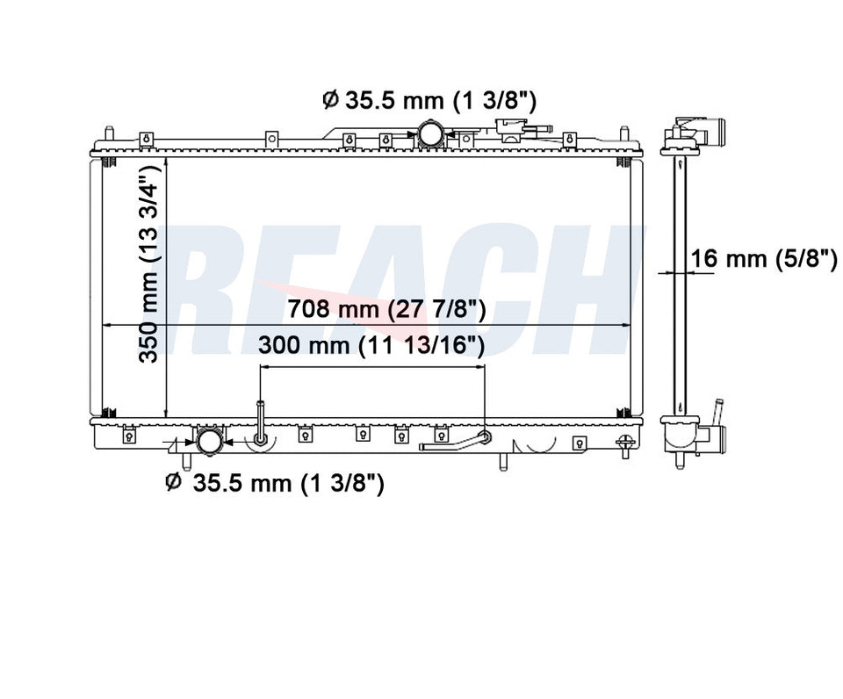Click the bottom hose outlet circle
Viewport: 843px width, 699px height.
click(210, 441)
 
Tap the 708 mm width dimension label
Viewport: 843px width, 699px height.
click(386, 309)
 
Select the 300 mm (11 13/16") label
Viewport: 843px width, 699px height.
click(371, 345)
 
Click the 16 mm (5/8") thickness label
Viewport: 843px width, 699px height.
click(763, 259)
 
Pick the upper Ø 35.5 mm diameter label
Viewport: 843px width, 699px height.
click(429, 100)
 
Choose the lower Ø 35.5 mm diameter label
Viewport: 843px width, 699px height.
click(275, 483)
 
